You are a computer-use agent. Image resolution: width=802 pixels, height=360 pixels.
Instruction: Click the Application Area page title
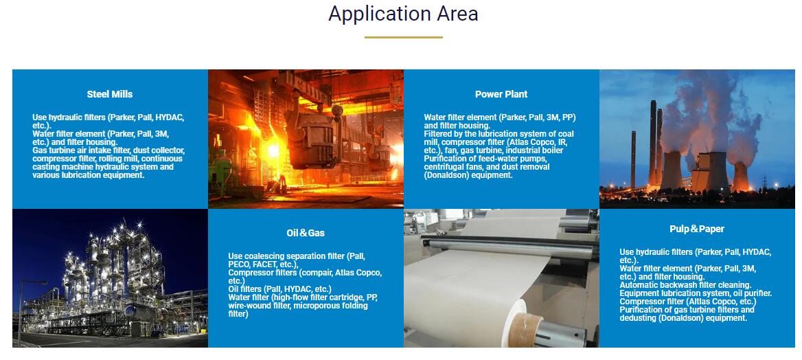[403, 14]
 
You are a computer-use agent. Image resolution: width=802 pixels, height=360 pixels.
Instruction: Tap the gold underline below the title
[404, 37]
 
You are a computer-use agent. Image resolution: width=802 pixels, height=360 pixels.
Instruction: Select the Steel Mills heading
[109, 94]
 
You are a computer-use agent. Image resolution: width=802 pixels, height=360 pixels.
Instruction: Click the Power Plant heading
[501, 94]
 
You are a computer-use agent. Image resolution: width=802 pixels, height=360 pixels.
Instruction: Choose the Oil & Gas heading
[306, 233]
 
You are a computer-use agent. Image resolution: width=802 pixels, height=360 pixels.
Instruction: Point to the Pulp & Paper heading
[697, 229]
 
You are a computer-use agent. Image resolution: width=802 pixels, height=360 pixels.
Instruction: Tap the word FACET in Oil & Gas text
[264, 265]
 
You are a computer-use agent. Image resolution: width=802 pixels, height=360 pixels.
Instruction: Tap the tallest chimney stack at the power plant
[652, 143]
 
